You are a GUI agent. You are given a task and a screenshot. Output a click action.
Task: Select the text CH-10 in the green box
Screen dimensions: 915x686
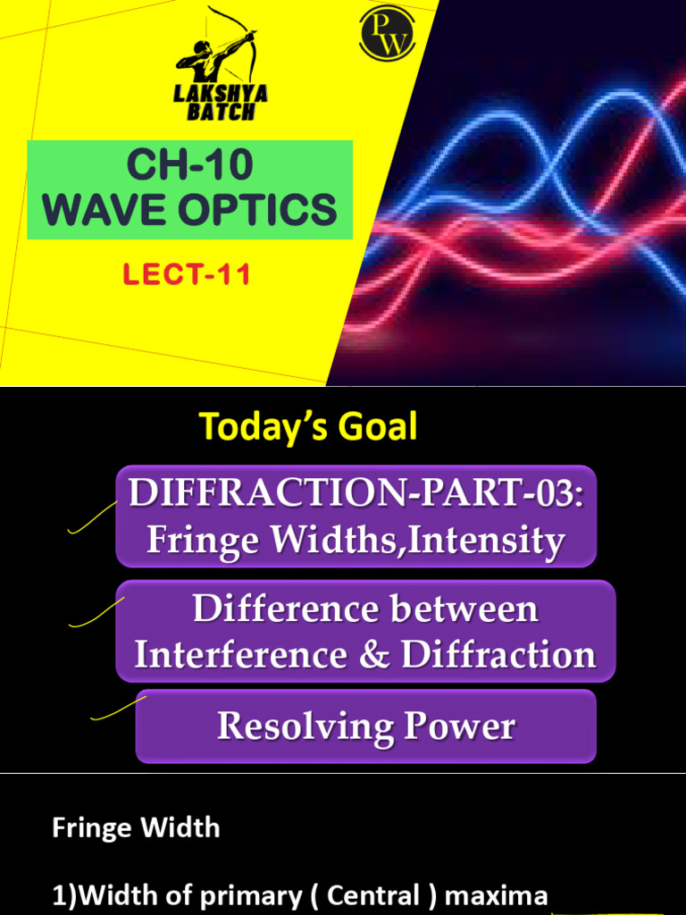coord(189,165)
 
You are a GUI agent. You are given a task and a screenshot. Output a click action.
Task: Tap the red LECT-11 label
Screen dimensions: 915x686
coord(187,274)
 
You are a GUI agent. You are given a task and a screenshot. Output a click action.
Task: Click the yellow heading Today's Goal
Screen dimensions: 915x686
coord(308,427)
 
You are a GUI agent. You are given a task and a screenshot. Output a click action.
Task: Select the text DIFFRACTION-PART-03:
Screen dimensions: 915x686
coord(356,494)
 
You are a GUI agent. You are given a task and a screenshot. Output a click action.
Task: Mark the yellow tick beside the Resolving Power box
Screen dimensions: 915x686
coord(119,707)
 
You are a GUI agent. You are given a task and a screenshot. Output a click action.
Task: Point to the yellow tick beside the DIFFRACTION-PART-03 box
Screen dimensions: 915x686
coord(92,519)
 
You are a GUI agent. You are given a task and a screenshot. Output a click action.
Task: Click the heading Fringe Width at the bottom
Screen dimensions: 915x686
coord(136,827)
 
